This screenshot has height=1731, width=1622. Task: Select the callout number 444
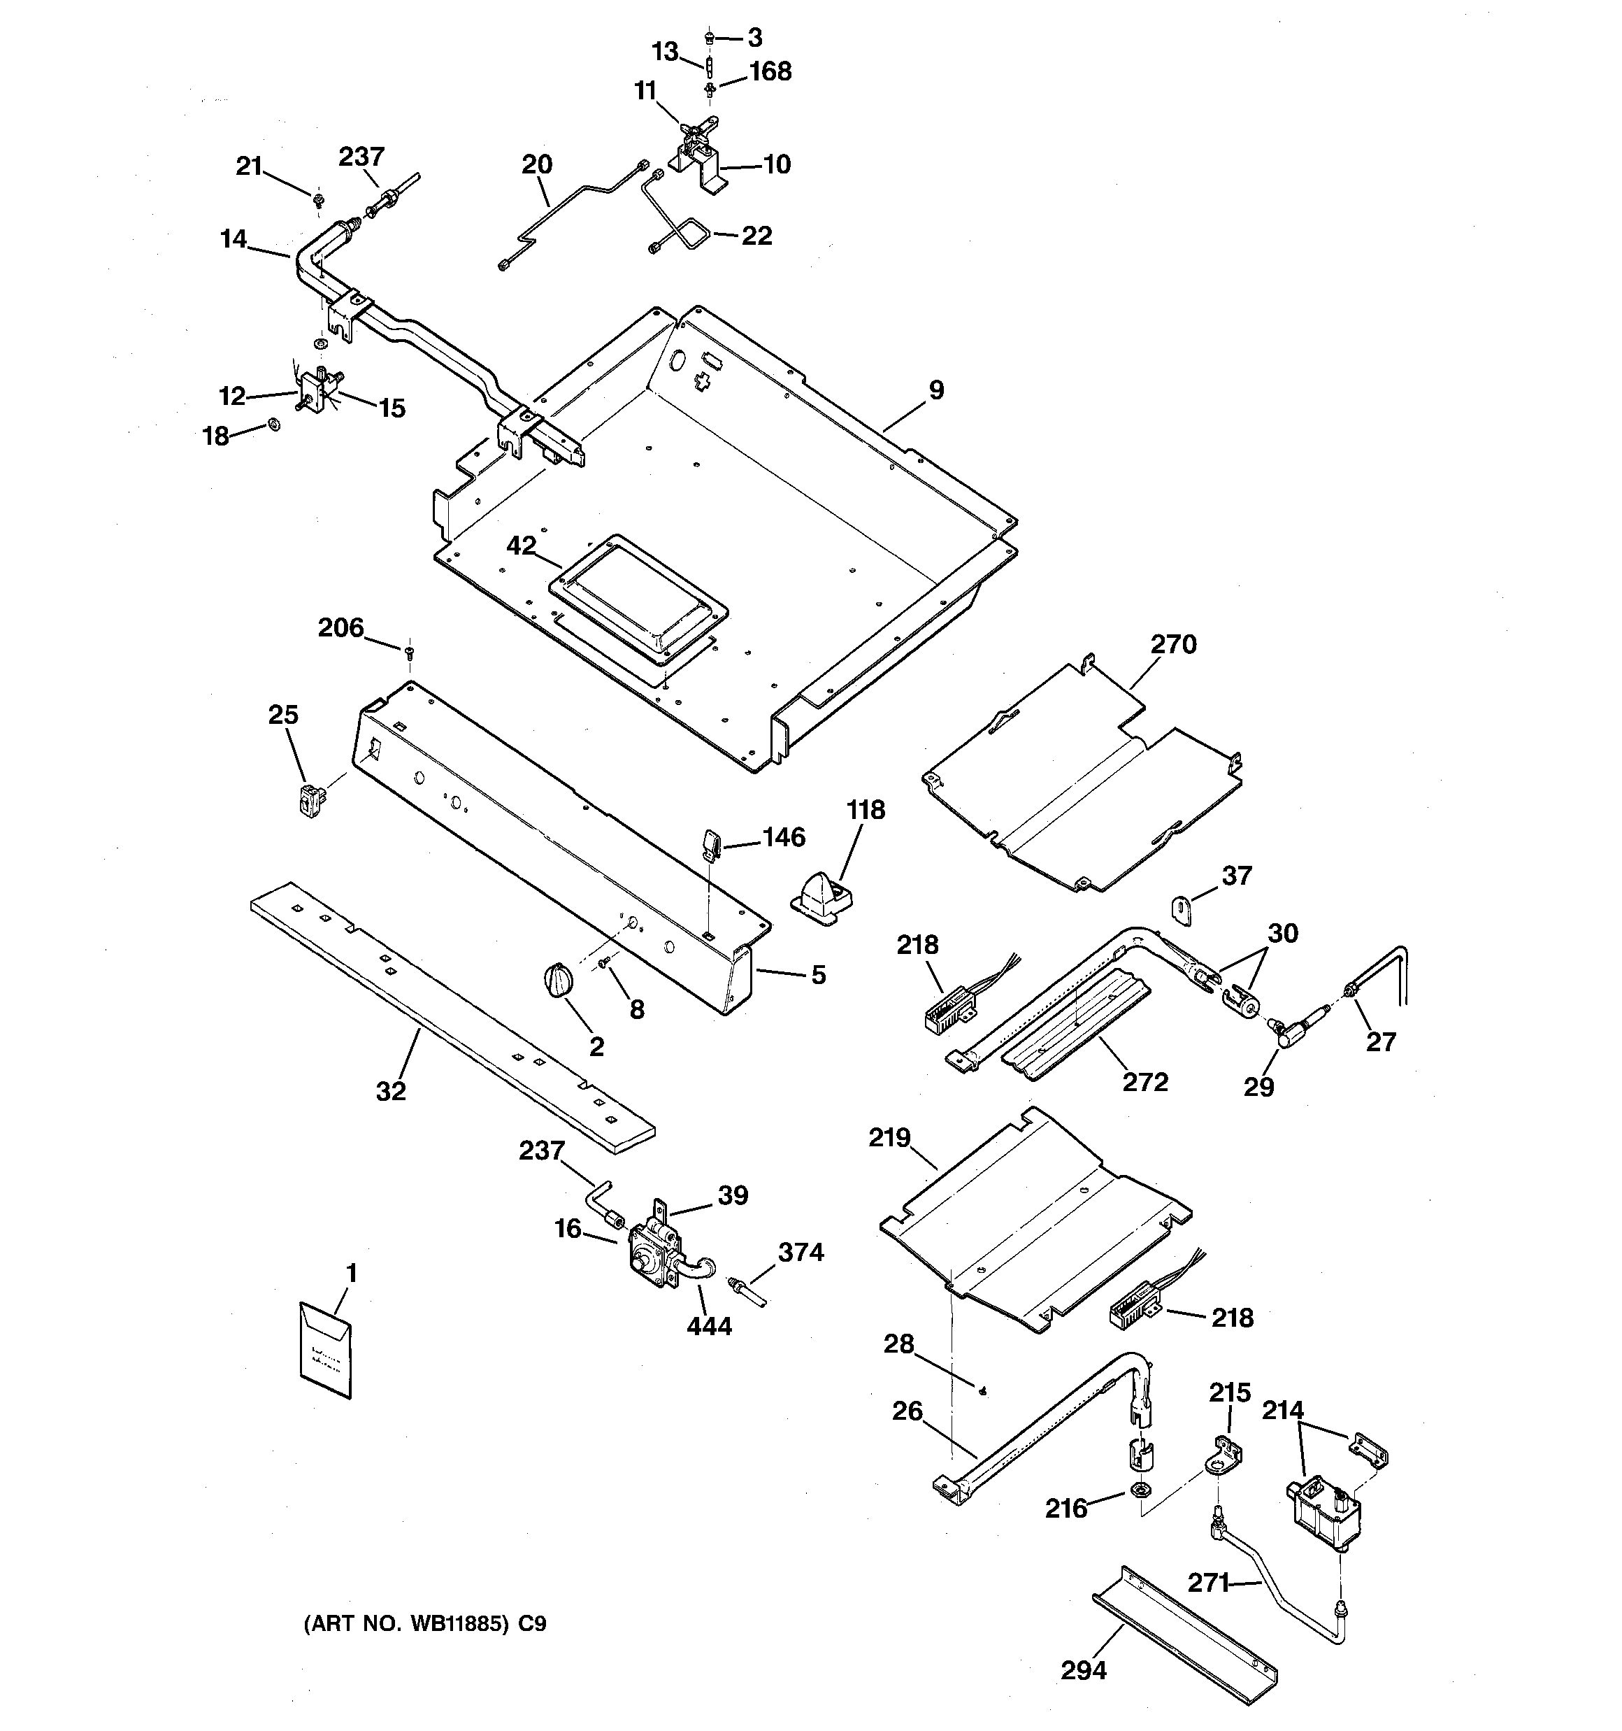[709, 1326]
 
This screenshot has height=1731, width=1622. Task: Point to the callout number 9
[936, 390]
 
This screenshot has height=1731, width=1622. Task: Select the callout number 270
[1172, 644]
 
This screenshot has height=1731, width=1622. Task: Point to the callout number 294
[1083, 1670]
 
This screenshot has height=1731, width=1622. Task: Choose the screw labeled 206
[408, 649]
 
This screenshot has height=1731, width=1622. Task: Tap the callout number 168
[770, 71]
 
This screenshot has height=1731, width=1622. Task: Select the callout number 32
[391, 1091]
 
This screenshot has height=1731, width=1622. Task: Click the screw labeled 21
[318, 200]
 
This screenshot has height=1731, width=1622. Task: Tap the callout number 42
[521, 546]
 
